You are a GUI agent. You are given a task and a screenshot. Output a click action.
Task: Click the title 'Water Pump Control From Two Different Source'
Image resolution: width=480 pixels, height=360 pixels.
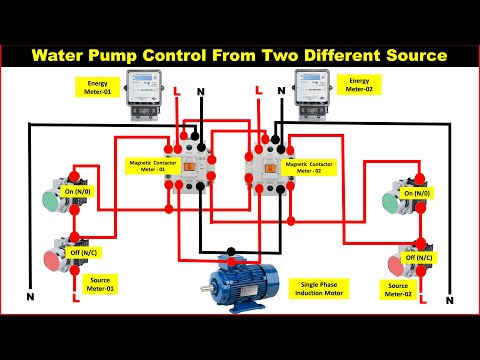coord(240,56)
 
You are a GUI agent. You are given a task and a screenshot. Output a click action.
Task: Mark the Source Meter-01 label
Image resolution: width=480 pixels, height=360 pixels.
coord(99,284)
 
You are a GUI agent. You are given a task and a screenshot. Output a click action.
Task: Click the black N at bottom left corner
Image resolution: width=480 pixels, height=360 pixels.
coord(30,297)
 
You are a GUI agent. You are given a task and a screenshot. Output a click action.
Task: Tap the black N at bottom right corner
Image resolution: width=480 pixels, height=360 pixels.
coord(449,299)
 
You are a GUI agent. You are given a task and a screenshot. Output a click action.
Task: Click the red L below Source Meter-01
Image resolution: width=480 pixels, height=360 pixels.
coord(75,297)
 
